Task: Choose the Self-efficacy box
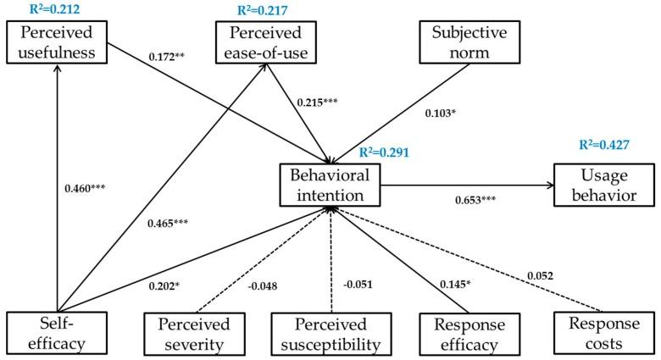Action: point(57,334)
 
